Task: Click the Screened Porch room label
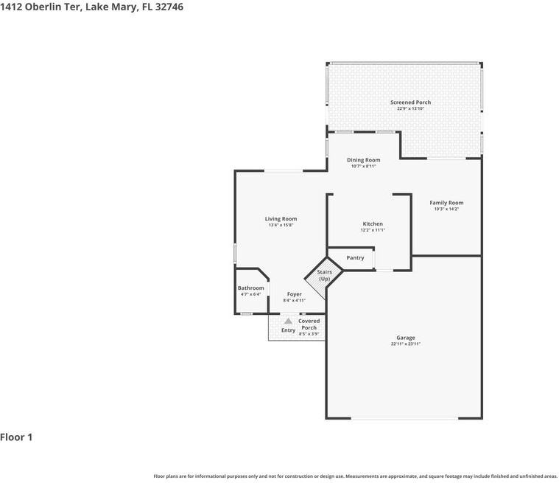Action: [x=410, y=102]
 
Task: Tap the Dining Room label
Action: [x=363, y=160]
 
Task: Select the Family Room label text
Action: [x=446, y=203]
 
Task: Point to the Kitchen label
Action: [x=373, y=224]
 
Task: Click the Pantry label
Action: [x=355, y=258]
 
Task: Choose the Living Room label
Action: [x=281, y=219]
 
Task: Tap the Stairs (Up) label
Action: [x=324, y=275]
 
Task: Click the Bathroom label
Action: [x=251, y=288]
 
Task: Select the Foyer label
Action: [x=295, y=294]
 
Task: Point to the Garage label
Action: [x=406, y=338]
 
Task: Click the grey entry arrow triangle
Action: [x=288, y=321]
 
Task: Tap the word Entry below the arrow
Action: [x=288, y=330]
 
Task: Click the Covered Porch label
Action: [x=309, y=324]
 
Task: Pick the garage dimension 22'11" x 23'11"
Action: [x=406, y=344]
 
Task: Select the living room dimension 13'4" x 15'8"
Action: [x=281, y=225]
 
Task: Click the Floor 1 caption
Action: [x=16, y=437]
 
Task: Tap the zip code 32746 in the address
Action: [x=169, y=7]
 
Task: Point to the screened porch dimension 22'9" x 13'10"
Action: [x=410, y=108]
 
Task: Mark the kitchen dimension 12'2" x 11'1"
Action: [x=373, y=230]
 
